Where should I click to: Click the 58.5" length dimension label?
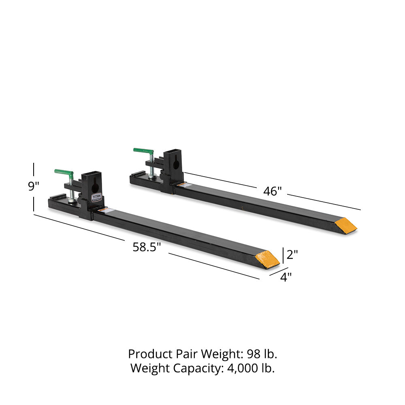[x=147, y=247]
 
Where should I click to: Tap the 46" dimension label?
[x=272, y=191]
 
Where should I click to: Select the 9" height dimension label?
[x=34, y=187]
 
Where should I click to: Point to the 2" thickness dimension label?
[x=292, y=254]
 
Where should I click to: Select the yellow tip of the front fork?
[x=268, y=259]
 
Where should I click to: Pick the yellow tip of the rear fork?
[x=346, y=225]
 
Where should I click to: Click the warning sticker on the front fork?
[x=104, y=211]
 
